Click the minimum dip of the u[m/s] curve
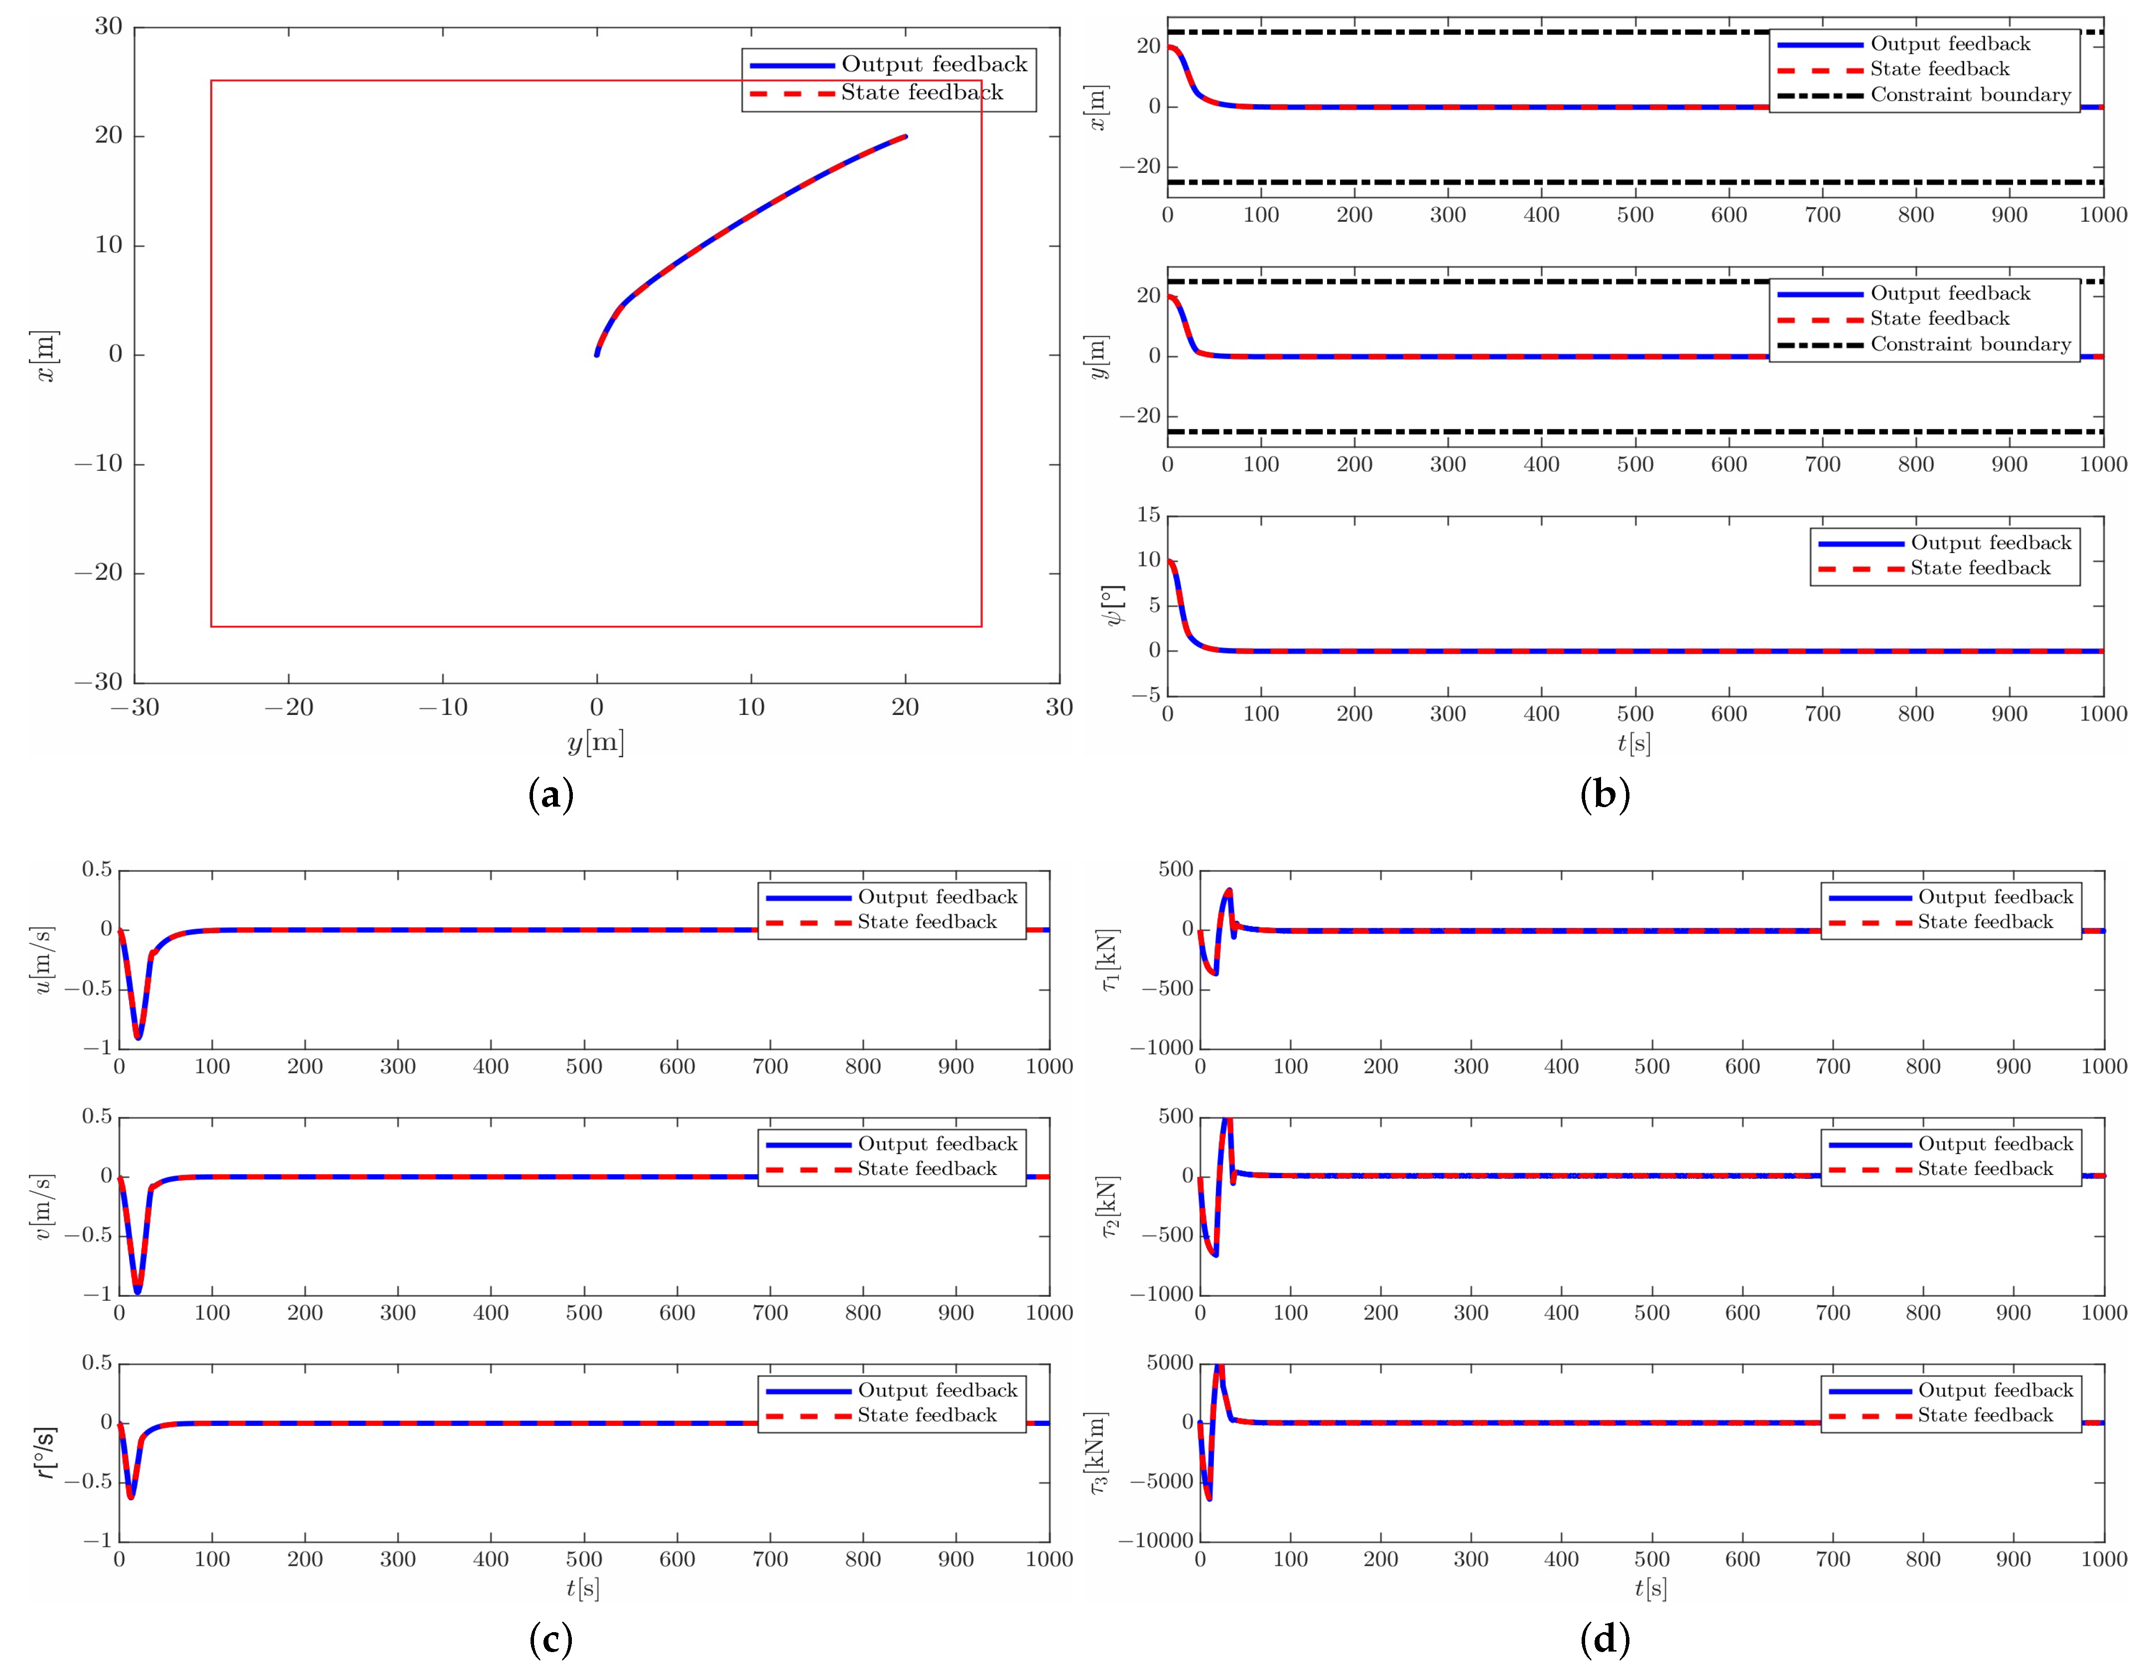138,1036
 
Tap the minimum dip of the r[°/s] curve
131,1496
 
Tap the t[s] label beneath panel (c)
582,1588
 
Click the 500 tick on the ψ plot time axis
1635,713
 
